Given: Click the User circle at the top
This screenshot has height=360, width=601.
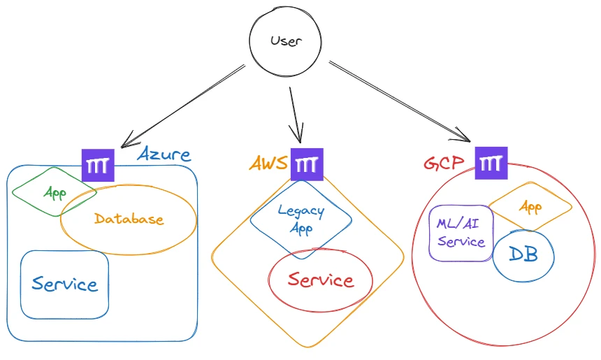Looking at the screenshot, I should click(285, 41).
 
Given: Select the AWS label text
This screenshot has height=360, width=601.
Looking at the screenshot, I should click(268, 164).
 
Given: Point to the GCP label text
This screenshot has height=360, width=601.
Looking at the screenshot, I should click(444, 164).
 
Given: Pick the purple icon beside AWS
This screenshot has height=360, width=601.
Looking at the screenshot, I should click(307, 165).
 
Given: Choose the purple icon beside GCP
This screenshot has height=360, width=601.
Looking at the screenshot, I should click(491, 164).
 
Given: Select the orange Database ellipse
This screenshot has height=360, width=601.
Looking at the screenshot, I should click(129, 219).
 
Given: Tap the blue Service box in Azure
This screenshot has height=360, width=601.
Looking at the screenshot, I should click(64, 284).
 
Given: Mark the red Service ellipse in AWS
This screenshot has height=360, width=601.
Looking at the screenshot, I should click(321, 280).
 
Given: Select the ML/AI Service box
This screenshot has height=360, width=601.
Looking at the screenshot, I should click(461, 233).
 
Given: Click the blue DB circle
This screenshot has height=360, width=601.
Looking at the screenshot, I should click(523, 255).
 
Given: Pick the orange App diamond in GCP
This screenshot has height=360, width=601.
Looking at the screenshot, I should click(530, 207).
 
